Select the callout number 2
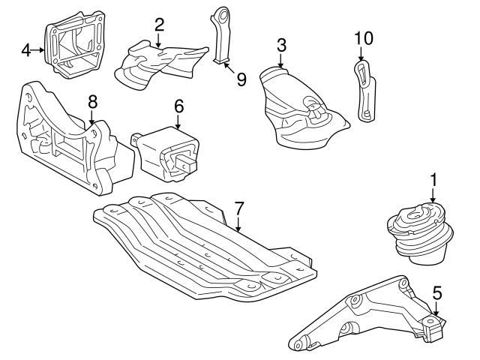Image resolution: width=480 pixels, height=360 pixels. (x=159, y=25)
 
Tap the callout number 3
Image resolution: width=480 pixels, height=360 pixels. (x=281, y=46)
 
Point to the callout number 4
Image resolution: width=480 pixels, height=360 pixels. (x=26, y=50)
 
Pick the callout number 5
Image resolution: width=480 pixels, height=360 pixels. (x=437, y=293)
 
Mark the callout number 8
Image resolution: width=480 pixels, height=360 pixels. (x=93, y=100)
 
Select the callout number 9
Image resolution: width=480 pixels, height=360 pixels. (x=241, y=78)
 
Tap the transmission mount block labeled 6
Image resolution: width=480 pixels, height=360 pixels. (x=169, y=153)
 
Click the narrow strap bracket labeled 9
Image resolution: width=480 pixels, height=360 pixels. (x=221, y=34)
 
